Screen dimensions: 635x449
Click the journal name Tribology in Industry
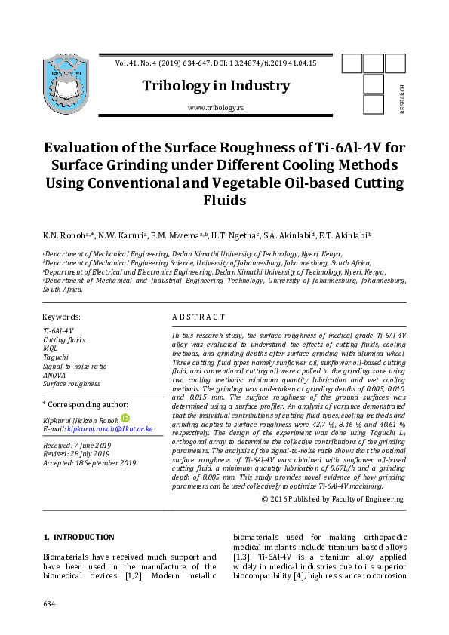tap(216, 86)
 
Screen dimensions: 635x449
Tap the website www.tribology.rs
tap(216, 109)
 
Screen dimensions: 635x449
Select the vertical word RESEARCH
tap(402, 99)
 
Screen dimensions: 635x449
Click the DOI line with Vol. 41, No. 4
tap(216, 63)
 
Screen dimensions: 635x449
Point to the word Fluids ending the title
tap(224, 201)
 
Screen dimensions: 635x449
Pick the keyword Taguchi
tap(55, 357)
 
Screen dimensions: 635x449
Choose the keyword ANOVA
tap(54, 375)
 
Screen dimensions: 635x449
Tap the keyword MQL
tap(51, 348)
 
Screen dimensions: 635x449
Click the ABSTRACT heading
tap(198, 317)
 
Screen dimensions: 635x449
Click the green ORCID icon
tap(125, 419)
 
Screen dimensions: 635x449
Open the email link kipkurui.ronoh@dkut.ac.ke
tap(110, 428)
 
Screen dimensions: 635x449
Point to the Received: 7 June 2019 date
tap(76, 446)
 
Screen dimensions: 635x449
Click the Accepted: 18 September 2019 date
tap(89, 463)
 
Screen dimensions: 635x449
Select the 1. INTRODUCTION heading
tap(79, 538)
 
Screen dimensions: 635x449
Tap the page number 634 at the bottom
tap(50, 604)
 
